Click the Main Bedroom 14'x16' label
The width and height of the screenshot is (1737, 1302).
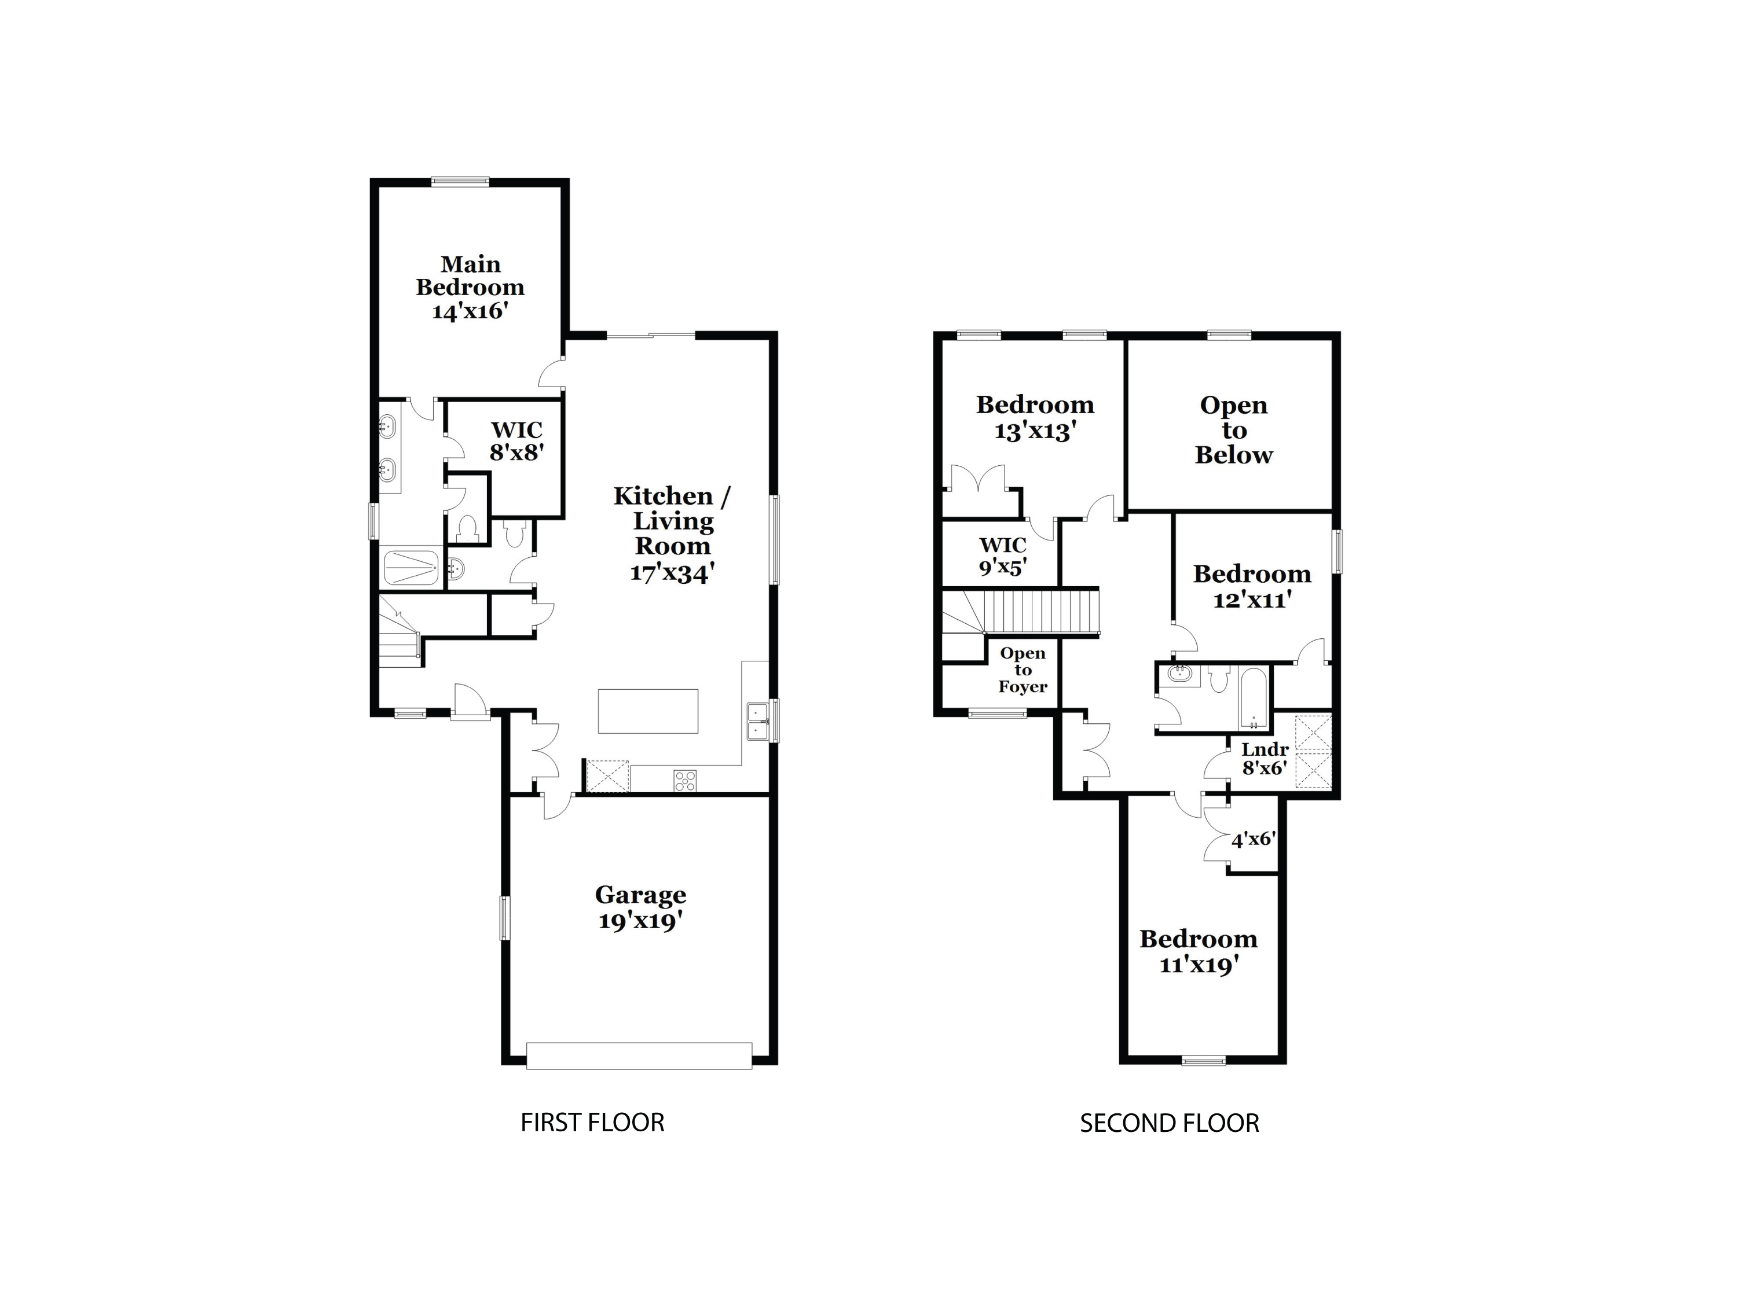pyautogui.click(x=470, y=287)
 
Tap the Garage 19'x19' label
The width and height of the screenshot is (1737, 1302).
pyautogui.click(x=640, y=907)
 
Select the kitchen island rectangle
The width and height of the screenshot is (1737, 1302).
pyautogui.click(x=648, y=711)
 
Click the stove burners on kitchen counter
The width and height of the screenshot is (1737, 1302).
pyautogui.click(x=685, y=780)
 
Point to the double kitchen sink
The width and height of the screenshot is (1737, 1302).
pyautogui.click(x=757, y=721)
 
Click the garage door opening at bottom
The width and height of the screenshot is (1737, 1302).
pyautogui.click(x=639, y=1055)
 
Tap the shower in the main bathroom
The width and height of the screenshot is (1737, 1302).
pyautogui.click(x=411, y=567)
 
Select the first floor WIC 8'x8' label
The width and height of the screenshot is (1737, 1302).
pyautogui.click(x=516, y=440)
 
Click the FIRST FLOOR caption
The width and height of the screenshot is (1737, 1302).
pyautogui.click(x=592, y=1122)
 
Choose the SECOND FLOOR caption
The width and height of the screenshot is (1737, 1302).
pyautogui.click(x=1168, y=1123)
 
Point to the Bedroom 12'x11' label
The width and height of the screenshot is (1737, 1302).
pyautogui.click(x=1252, y=586)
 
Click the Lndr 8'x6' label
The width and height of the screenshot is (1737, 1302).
pyautogui.click(x=1265, y=758)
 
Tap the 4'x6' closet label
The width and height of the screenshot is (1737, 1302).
pyautogui.click(x=1252, y=840)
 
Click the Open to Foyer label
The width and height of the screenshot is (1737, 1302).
pyautogui.click(x=1023, y=670)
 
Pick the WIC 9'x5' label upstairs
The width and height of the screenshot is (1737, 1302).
pyautogui.click(x=1003, y=555)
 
